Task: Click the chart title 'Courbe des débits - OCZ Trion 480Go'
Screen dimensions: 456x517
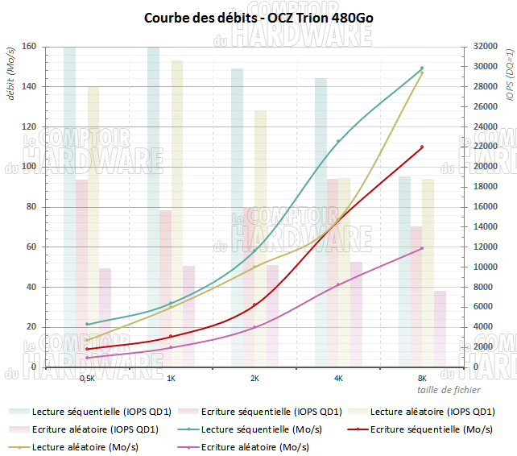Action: tap(258, 17)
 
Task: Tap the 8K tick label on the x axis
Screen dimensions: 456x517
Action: tap(422, 377)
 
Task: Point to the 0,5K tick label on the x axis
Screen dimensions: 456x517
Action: tap(88, 377)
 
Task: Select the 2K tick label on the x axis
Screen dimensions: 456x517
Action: tap(254, 377)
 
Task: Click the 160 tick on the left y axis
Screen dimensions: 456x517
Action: tap(29, 47)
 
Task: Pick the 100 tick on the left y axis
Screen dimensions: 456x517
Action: tap(29, 167)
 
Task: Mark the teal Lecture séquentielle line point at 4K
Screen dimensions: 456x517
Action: tap(338, 141)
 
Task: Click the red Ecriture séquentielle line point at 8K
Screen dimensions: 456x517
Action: tap(422, 147)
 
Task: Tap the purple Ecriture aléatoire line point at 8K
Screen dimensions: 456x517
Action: tap(422, 248)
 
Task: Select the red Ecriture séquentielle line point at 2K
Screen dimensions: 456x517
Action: tap(254, 305)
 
